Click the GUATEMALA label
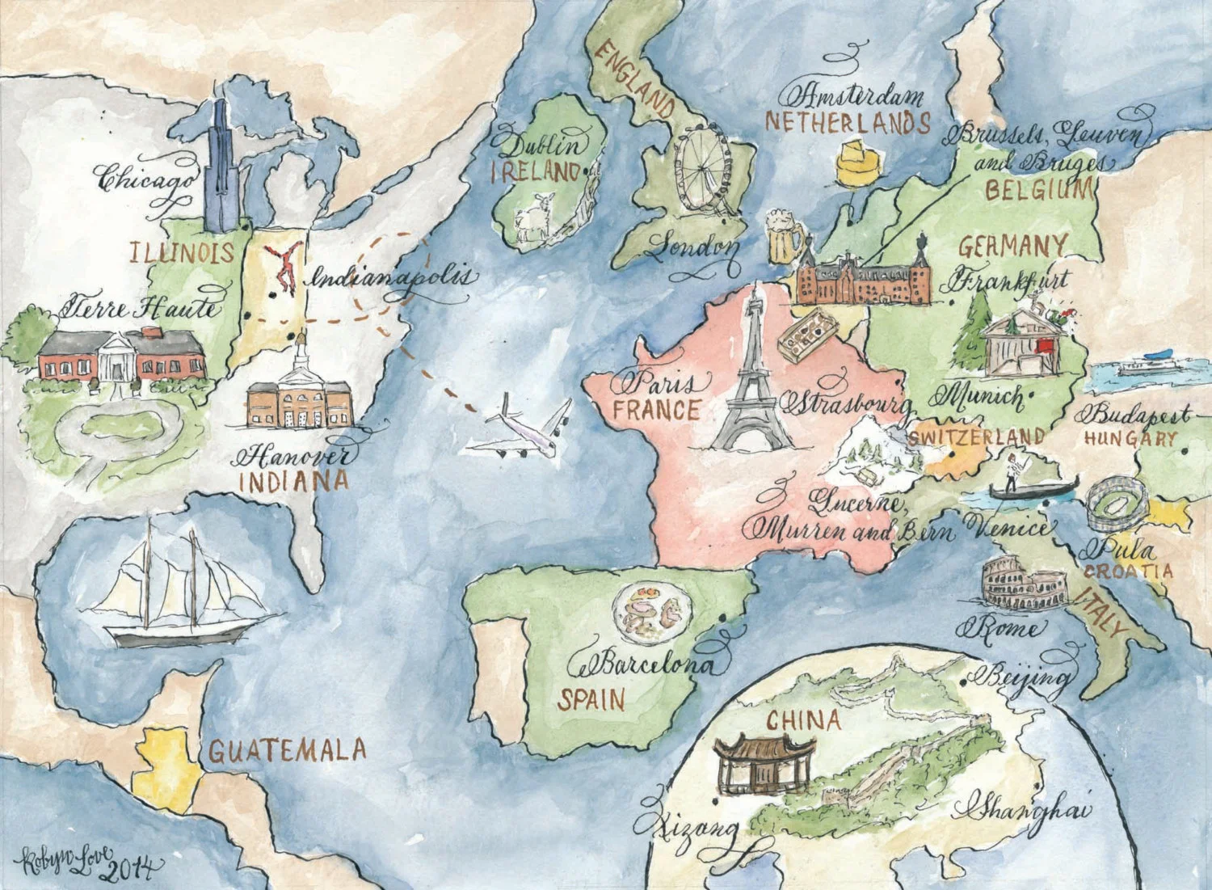click(x=288, y=750)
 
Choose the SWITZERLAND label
click(x=976, y=437)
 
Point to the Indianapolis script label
click(x=389, y=279)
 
